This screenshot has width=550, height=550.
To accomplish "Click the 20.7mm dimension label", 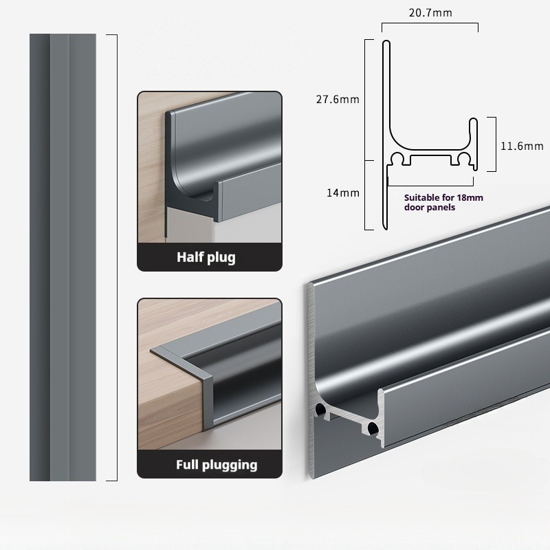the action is coord(430,13).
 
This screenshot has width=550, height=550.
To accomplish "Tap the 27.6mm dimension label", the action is coord(338,100).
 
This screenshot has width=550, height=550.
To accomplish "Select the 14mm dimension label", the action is coord(343,193).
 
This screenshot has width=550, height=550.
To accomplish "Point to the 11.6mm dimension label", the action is coord(522,146).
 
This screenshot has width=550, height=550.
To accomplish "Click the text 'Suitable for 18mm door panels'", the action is coord(443,202).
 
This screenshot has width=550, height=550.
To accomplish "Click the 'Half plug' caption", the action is coord(206,257).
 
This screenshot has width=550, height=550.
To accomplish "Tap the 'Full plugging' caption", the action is coord(217,465).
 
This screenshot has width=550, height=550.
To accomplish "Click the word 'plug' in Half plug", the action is coord(221,258).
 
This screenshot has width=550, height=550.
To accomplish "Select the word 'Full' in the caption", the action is coord(187,465).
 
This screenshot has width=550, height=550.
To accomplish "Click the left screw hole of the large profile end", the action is coord(320,408).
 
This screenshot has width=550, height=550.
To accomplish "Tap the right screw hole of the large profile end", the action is coord(372,428).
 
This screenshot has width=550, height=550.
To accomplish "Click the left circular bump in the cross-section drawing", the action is coord(398,158).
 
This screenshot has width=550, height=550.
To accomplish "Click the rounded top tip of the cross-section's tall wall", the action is coord(386,42).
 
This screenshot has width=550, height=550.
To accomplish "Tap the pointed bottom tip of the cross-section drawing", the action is coord(386,229).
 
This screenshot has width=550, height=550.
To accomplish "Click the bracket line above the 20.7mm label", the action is coord(430,23).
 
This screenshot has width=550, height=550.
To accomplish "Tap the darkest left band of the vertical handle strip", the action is coord(40,257).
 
